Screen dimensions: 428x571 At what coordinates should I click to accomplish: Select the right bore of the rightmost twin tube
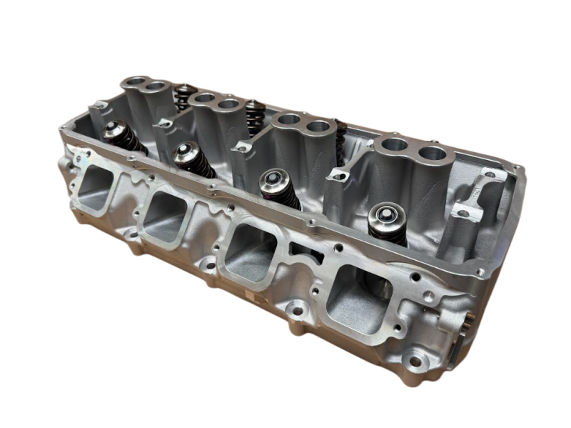coord(429,153)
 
